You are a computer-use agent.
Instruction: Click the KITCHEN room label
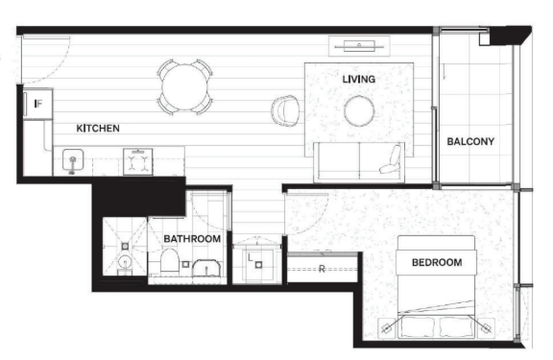tap(98, 128)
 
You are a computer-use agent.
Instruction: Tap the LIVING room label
tap(359, 79)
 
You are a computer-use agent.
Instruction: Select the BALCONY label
tap(470, 141)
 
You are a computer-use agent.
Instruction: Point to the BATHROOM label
tap(192, 239)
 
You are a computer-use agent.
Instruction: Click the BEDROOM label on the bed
tap(437, 262)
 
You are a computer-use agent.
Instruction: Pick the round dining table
tap(184, 87)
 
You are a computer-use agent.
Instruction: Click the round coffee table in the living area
tap(359, 111)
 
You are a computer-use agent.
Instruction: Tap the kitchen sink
tap(73, 160)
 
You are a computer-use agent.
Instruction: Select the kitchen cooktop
tap(138, 161)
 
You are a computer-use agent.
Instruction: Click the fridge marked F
tap(38, 104)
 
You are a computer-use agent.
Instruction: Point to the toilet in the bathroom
tap(170, 260)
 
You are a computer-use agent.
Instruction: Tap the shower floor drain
tap(125, 246)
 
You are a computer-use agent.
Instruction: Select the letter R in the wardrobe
tap(322, 269)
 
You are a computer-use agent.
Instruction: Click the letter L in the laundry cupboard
tap(250, 257)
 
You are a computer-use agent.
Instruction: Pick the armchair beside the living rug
tap(285, 110)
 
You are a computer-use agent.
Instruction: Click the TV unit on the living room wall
tap(359, 46)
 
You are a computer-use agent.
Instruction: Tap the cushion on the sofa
tap(392, 159)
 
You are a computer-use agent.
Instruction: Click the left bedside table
tap(387, 328)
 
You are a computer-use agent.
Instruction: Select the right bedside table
tap(486, 328)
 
